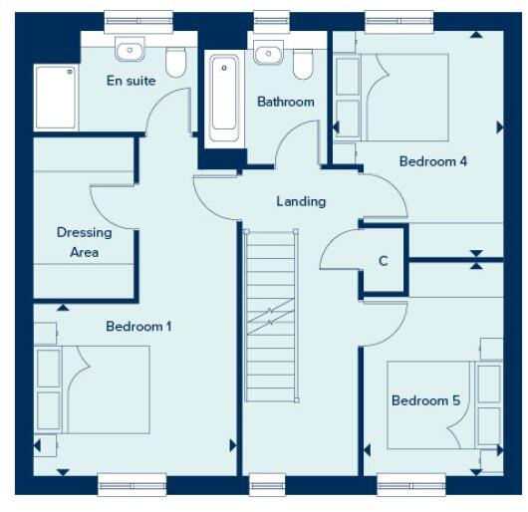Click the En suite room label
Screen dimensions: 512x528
tap(131, 81)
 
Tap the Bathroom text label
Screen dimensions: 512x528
tap(286, 102)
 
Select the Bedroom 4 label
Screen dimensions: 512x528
tap(433, 160)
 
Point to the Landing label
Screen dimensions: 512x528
tap(301, 201)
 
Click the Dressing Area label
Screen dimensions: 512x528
tap(84, 242)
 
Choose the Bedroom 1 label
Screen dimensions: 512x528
tap(140, 326)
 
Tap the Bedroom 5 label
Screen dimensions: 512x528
tap(425, 400)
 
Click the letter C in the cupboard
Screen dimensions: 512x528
tap(384, 261)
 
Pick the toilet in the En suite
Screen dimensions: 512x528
tap(176, 63)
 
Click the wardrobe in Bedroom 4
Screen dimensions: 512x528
tap(347, 95)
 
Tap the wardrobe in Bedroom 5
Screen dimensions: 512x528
tap(489, 403)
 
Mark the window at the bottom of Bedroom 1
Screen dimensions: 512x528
tap(132, 485)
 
